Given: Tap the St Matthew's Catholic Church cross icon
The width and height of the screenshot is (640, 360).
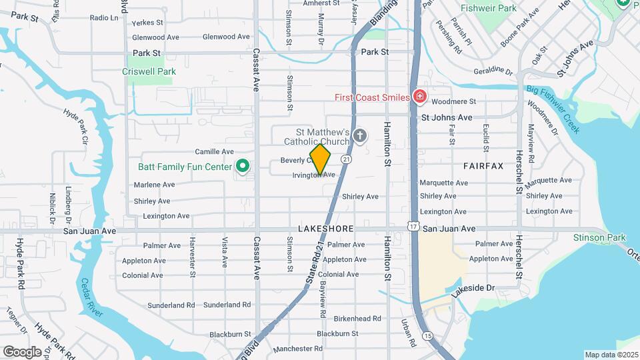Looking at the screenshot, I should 360,137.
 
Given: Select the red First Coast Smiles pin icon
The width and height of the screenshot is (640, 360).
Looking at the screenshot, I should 419,97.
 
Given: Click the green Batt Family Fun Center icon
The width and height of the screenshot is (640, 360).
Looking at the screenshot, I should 243,166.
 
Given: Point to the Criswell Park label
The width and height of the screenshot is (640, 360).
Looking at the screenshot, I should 148,71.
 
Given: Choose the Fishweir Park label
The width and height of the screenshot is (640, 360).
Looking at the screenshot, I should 488,9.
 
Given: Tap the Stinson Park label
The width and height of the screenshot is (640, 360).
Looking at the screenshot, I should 599,237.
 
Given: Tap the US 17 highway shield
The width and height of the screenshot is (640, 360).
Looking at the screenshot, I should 413,228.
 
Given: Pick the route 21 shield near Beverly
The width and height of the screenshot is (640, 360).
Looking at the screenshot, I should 346,159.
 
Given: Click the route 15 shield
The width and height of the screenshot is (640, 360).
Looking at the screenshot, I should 427,335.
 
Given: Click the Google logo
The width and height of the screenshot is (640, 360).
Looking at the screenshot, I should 22,351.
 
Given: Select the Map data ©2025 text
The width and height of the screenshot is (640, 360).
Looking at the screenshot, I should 611,355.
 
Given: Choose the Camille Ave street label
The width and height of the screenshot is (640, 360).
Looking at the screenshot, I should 214,151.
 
